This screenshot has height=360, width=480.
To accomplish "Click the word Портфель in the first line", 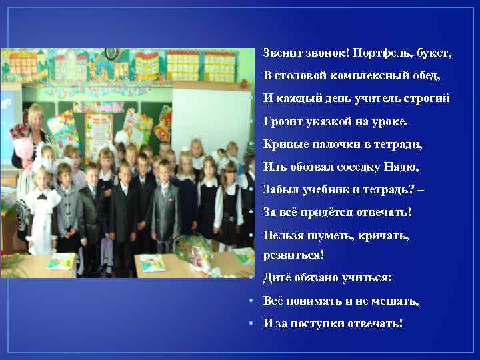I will pyautogui.click(x=379, y=52).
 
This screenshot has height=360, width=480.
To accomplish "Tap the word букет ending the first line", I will pyautogui.click(x=434, y=52).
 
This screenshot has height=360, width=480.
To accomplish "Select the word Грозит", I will pyautogui.click(x=281, y=122).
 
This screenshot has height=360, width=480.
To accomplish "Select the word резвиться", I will pyautogui.click(x=294, y=255).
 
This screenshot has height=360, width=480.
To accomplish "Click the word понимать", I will pyautogui.click(x=313, y=301).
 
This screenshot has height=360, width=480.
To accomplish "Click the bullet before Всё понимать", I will pyautogui.click(x=248, y=301).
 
